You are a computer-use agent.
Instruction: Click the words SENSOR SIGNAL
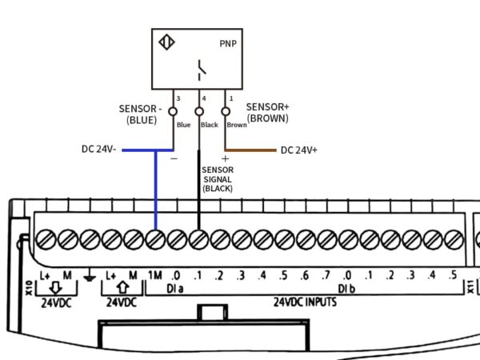[217, 175]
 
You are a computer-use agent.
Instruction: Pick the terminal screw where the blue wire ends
[155, 238]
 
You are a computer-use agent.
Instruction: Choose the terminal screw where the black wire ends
[198, 238]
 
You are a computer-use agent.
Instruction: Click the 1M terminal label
[155, 275]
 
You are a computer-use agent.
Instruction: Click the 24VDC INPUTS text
[304, 302]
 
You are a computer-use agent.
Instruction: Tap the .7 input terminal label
[326, 276]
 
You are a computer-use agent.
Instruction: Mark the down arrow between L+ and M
[56, 287]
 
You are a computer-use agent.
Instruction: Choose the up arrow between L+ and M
[122, 287]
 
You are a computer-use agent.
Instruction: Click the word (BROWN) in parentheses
[267, 118]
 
